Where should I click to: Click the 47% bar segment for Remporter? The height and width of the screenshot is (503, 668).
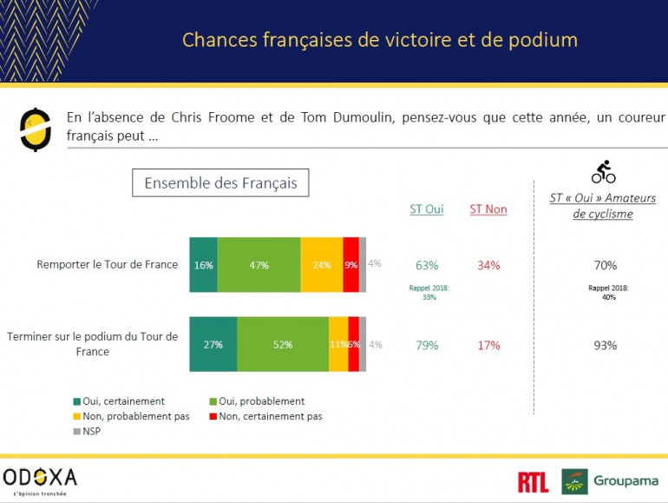click(259, 264)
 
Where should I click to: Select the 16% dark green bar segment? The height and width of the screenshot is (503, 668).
click(203, 264)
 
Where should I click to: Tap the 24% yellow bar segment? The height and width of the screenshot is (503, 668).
click(322, 264)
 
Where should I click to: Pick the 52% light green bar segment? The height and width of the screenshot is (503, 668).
click(283, 344)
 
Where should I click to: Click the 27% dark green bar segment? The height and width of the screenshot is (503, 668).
click(213, 344)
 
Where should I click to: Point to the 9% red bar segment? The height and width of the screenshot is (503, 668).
click(350, 264)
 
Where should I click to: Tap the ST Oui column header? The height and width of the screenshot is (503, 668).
click(426, 209)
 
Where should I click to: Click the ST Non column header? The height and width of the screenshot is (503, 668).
click(488, 209)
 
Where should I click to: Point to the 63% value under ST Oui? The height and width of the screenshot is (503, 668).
click(427, 265)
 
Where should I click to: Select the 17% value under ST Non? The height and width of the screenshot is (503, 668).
click(488, 345)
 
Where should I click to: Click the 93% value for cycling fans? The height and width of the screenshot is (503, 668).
click(605, 345)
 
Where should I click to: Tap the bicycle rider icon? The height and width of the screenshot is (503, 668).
click(604, 171)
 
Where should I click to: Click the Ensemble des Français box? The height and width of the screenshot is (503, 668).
click(220, 183)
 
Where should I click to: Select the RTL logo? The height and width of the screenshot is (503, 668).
click(533, 482)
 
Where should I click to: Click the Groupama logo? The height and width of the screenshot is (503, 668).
click(610, 481)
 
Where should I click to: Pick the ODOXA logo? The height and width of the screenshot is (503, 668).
click(41, 479)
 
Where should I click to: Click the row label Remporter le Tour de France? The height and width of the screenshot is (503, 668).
click(107, 265)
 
